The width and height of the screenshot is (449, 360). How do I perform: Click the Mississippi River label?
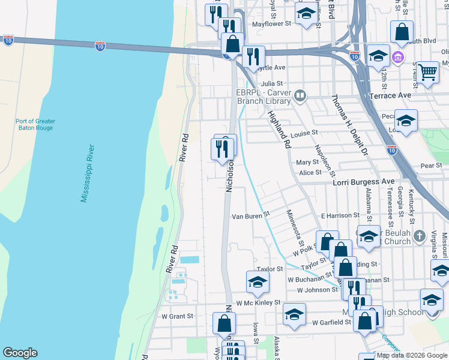point(88,173)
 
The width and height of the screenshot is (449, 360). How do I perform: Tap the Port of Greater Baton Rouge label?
point(35,124)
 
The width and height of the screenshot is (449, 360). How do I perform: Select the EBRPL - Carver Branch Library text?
point(264,97)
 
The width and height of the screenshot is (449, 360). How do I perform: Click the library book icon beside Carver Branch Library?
point(300,95)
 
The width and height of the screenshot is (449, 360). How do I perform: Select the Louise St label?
point(304,133)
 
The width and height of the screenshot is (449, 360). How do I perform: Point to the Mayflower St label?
point(271,24)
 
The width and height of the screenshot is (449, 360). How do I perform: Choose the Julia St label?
point(271,84)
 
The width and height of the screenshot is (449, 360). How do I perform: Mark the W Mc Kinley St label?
point(258,303)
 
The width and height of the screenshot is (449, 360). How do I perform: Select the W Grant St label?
point(177,316)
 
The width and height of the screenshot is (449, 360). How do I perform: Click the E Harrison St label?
point(340,215)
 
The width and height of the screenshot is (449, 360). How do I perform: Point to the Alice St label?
point(310,172)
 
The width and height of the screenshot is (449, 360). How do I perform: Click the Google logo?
point(20,353)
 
